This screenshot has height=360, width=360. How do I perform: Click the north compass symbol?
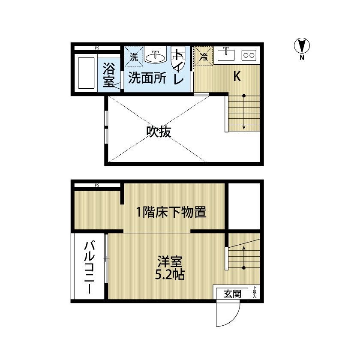[302, 46]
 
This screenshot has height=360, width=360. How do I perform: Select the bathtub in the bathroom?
[86, 73]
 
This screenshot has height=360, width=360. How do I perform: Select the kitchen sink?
[226, 54]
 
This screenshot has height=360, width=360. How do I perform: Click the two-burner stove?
[249, 55]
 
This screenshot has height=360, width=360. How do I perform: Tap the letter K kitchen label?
[237, 76]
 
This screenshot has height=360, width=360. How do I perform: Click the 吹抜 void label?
[159, 132]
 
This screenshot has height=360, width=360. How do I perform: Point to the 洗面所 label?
[147, 78]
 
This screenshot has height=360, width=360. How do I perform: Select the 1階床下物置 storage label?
[171, 212]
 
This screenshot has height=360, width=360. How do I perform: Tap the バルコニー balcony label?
[89, 267]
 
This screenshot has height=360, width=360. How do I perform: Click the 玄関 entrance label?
[233, 294]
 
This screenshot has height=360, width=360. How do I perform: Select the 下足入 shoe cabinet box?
[254, 292]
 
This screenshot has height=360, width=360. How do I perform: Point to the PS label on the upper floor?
[97, 48]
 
